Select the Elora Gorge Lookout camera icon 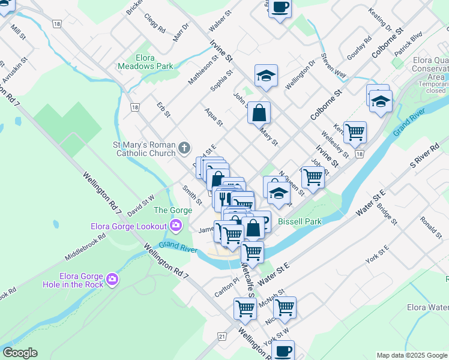176,226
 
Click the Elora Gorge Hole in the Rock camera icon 112,280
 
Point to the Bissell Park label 300,221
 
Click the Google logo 20,353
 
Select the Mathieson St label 202,71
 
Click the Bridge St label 387,214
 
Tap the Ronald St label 430,227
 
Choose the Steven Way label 334,65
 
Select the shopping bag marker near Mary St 259,113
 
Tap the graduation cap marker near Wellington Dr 266,76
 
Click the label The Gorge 173,210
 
